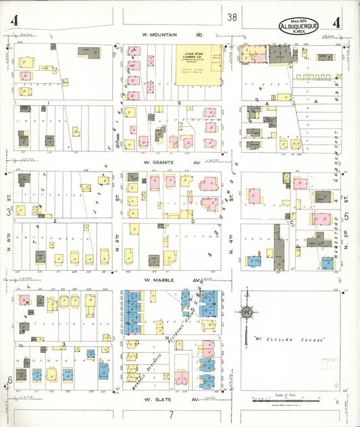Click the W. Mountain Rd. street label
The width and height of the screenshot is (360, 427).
[172, 34]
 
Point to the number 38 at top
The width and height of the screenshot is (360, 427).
[232, 18]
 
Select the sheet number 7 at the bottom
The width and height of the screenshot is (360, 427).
[172, 413]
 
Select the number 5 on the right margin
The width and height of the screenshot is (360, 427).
[347, 216]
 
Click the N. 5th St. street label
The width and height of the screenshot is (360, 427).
[118, 242]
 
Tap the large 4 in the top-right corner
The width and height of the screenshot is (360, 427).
[336, 22]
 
